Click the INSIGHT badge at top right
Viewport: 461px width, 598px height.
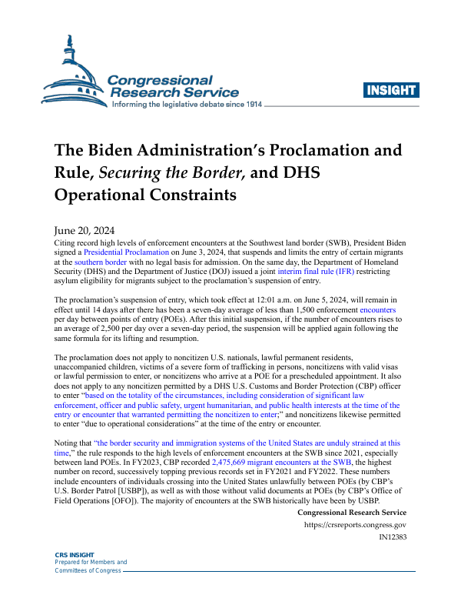click(x=392, y=90)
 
